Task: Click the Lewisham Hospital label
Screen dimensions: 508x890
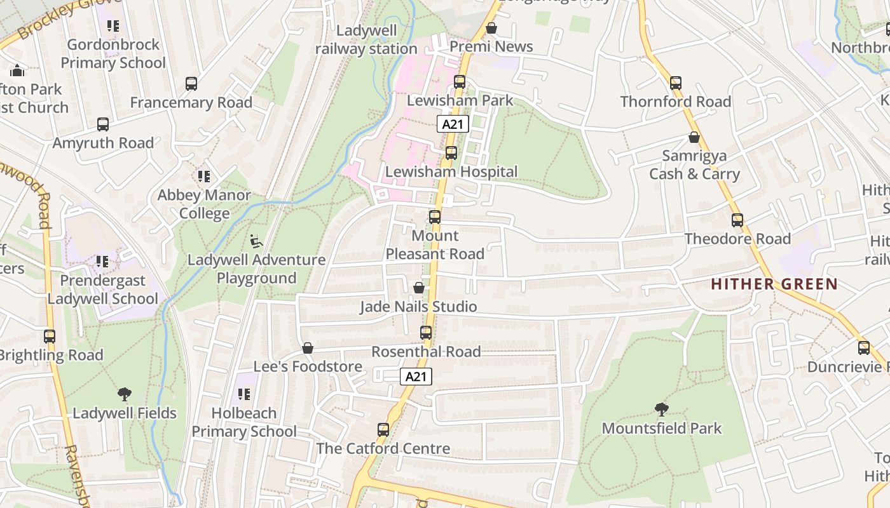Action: [451, 171]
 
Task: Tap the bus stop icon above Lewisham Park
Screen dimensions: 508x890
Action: [460, 82]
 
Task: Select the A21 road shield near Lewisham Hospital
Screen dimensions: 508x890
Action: [453, 124]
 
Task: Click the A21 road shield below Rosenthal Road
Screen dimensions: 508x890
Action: [416, 377]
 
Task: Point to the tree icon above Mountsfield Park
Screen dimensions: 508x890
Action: [662, 410]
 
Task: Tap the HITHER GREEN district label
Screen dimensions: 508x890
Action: [774, 284]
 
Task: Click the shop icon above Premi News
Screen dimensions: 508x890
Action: [491, 28]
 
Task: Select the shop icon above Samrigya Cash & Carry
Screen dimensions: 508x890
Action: [694, 137]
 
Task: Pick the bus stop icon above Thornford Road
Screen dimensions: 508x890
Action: [676, 83]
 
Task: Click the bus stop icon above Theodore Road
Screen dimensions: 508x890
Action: [737, 220]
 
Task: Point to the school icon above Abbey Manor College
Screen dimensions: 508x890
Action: [204, 176]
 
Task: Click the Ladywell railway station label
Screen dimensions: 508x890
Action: [366, 39]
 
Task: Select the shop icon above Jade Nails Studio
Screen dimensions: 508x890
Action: [418, 288]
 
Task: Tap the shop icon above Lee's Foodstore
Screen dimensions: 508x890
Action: [308, 348]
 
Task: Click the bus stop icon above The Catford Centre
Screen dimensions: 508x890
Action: [383, 430]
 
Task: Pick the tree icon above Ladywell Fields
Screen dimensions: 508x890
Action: [125, 394]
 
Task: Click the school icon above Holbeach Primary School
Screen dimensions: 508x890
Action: [244, 395]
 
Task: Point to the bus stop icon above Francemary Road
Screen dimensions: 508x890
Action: [191, 84]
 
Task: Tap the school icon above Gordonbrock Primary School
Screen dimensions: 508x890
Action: [113, 26]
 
